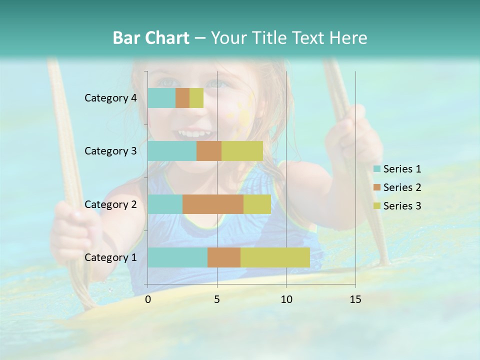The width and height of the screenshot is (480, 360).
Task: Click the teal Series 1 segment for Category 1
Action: coord(177,257)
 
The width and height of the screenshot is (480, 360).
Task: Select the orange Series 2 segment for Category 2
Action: coord(213,204)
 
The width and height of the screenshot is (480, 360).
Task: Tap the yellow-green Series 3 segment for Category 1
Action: coord(275,257)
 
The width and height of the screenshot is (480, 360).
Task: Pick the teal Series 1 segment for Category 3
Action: coord(172,151)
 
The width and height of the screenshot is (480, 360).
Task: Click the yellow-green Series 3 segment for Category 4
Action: coord(196,98)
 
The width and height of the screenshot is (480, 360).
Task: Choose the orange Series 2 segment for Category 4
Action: coord(182,98)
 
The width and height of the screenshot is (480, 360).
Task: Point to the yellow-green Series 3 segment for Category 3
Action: coord(242,151)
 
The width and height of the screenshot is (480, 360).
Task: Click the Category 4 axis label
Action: coord(110,98)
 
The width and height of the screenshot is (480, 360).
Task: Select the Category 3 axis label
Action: coord(110,151)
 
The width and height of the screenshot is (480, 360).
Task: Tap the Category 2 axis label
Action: coord(110,204)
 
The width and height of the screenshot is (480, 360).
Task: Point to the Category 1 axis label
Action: coord(110,257)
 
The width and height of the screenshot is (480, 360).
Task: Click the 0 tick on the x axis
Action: coord(148,299)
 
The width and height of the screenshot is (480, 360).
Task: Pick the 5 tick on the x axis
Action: coord(217,299)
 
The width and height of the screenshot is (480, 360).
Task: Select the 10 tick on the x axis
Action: coord(286,299)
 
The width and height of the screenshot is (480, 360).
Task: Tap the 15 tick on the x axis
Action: coord(355,299)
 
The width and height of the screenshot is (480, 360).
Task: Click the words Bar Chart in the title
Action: coord(150,37)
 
